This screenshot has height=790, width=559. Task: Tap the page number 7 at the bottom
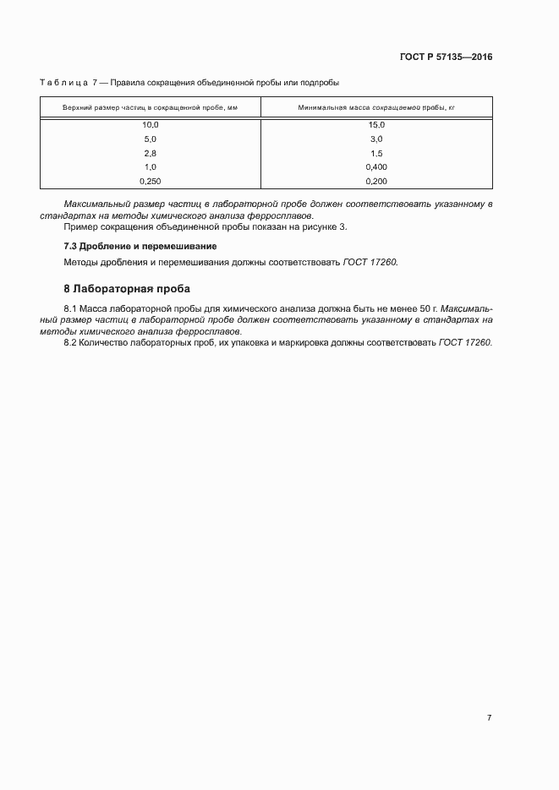click(489, 717)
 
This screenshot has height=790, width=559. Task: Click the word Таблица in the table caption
click(64, 83)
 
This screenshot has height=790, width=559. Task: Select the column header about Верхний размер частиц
click(151, 108)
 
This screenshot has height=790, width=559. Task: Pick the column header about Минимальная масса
click(376, 108)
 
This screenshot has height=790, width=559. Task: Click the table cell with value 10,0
click(151, 124)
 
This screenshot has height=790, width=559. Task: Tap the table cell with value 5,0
click(151, 139)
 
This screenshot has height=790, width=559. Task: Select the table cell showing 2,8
click(151, 153)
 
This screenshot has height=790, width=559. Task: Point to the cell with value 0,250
click(151, 181)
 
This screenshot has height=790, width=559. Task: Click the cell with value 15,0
click(376, 124)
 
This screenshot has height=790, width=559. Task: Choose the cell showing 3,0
click(376, 139)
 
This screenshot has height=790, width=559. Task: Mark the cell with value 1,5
click(376, 153)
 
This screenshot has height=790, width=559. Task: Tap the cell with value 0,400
click(376, 167)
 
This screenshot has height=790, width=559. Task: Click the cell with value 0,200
click(376, 181)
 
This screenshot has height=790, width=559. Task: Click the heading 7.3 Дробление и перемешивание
click(140, 246)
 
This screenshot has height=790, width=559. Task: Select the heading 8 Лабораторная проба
click(133, 288)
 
